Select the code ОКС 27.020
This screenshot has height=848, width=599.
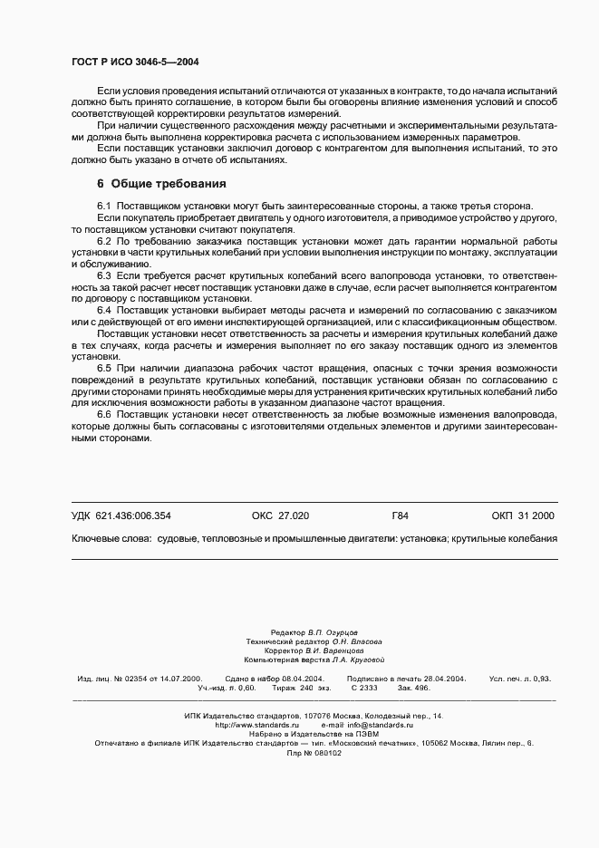[x=280, y=516]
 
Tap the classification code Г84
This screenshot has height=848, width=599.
[x=400, y=516]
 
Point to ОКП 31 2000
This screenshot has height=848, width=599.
[x=523, y=516]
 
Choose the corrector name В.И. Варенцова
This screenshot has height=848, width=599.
[x=334, y=650]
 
